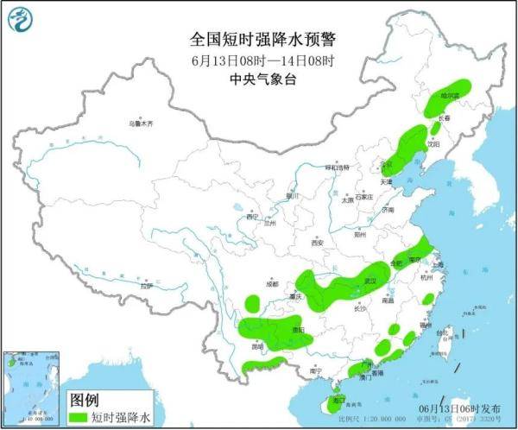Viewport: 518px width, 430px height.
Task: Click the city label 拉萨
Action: (146, 285)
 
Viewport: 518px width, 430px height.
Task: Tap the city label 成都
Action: (273, 283)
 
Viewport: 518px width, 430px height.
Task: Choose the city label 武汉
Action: (372, 281)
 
